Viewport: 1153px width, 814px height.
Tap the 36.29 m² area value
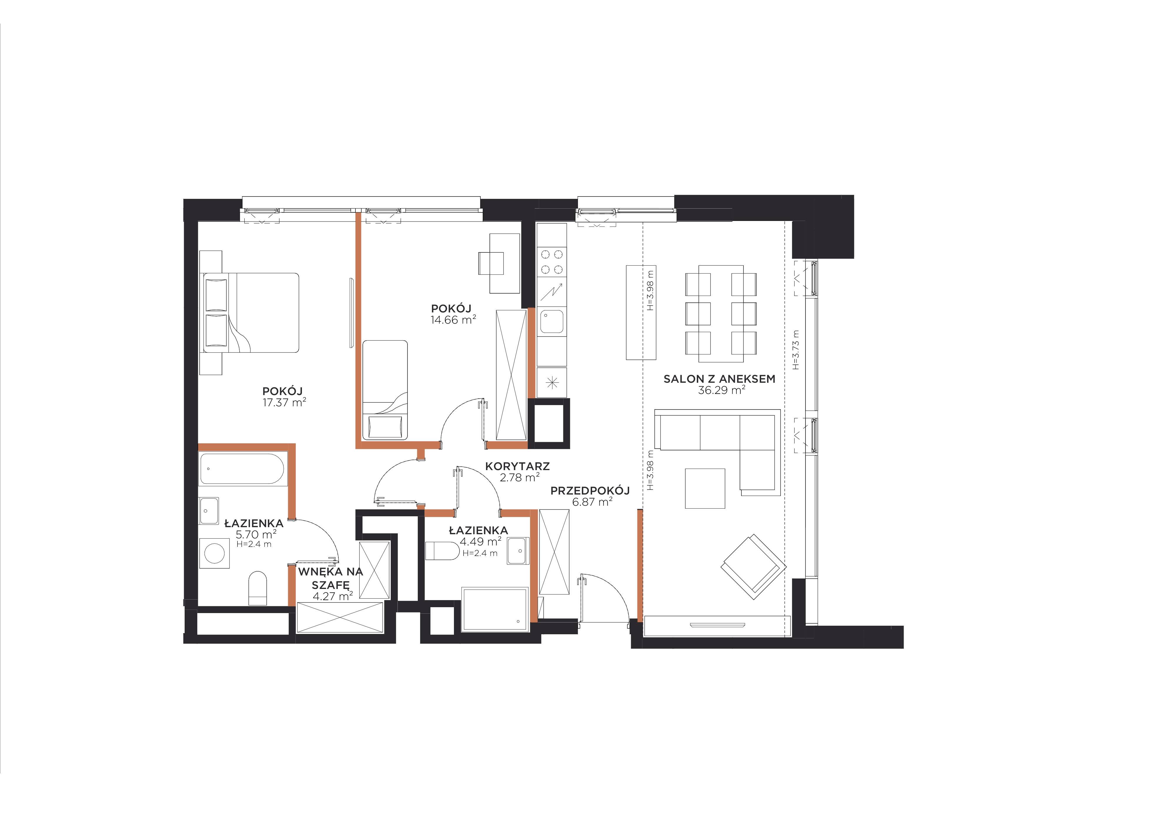[x=721, y=390]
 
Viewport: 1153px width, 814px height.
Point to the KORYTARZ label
[x=517, y=466]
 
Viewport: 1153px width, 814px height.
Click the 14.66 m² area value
[x=453, y=319]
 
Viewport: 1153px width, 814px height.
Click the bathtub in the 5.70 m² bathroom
[x=242, y=469]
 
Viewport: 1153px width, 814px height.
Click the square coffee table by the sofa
[x=705, y=488]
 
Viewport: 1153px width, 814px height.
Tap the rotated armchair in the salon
[x=753, y=567]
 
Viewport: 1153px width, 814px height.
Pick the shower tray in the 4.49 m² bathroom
[x=495, y=609]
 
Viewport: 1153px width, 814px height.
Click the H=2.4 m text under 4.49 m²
[x=480, y=553]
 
